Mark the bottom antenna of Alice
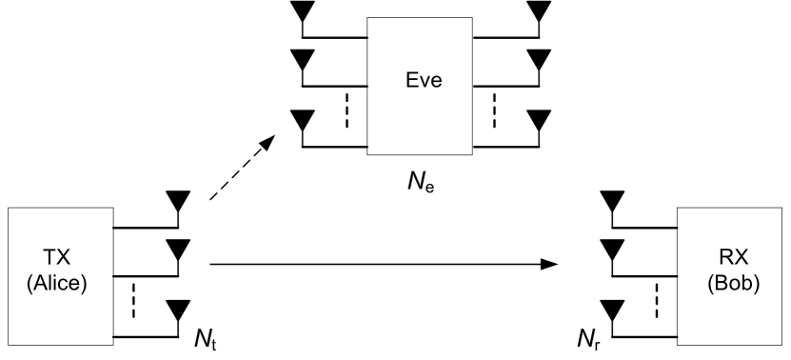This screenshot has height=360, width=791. click(x=177, y=310)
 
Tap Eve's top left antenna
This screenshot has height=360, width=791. click(x=303, y=11)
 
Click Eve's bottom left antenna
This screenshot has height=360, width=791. click(x=303, y=122)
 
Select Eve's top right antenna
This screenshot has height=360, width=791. click(x=539, y=11)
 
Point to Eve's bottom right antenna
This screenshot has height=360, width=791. click(x=539, y=122)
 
